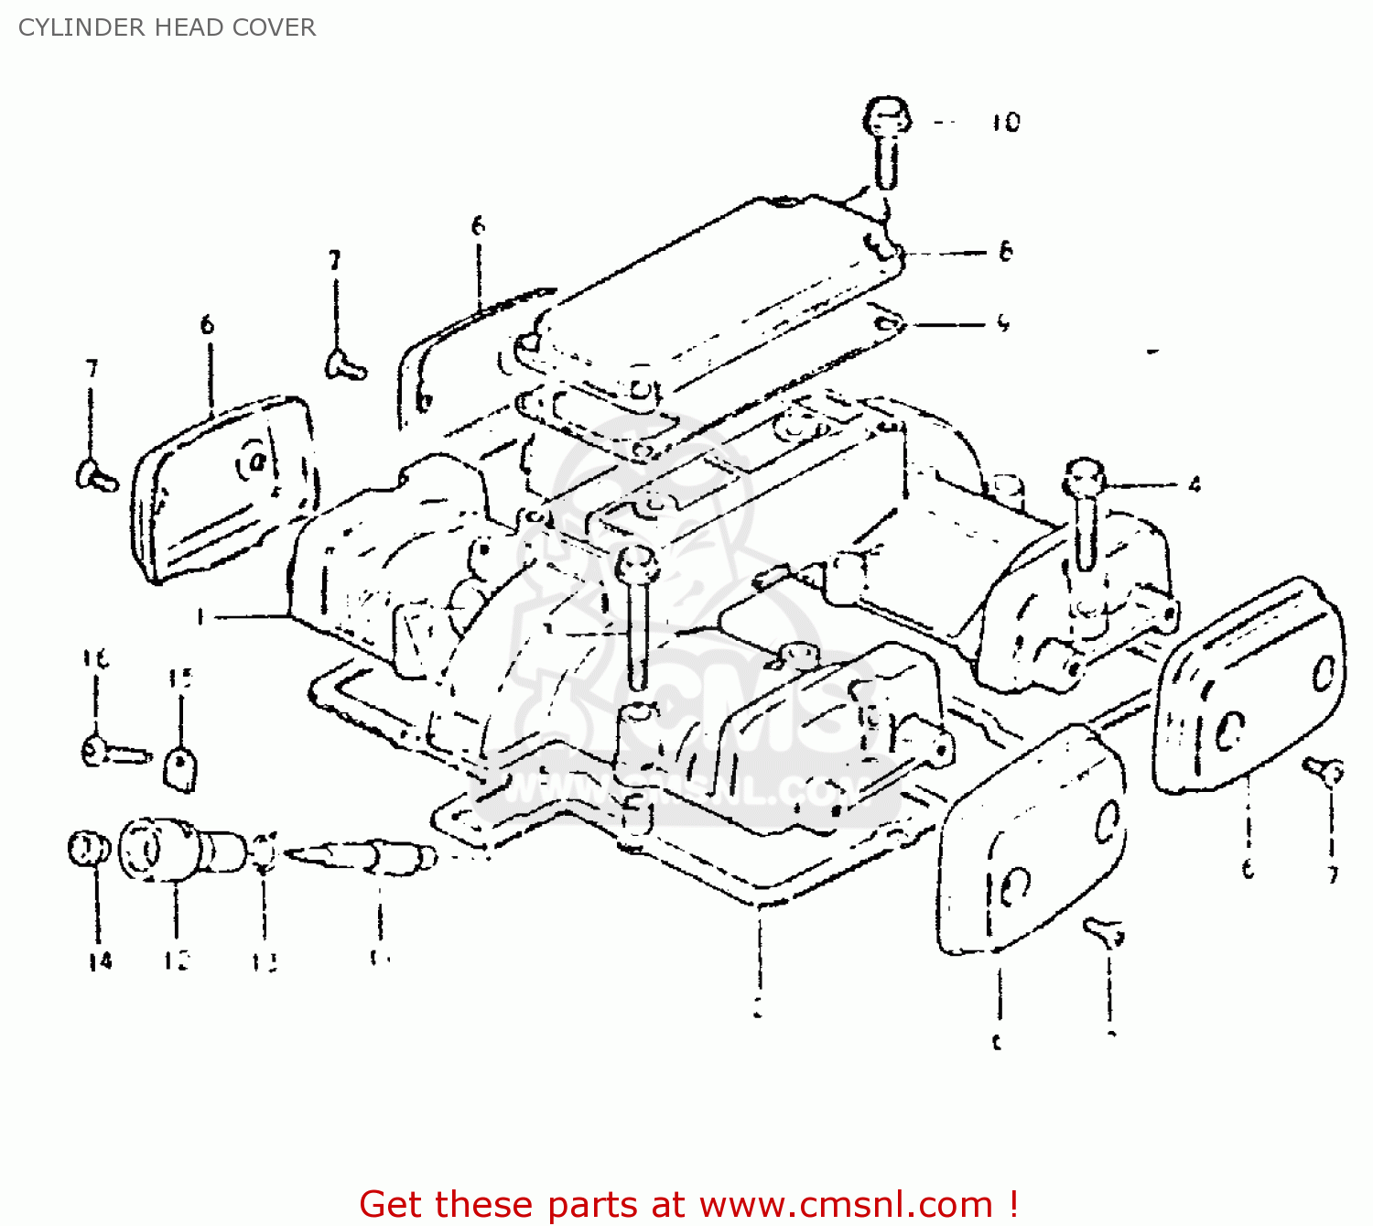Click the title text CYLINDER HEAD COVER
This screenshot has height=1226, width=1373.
[167, 27]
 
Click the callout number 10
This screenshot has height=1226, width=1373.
[1005, 122]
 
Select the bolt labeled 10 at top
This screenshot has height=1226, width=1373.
[886, 137]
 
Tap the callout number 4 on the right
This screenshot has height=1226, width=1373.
[1194, 484]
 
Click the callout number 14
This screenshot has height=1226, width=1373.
[100, 960]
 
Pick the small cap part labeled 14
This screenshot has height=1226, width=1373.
[89, 848]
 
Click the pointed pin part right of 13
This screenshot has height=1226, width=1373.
[366, 856]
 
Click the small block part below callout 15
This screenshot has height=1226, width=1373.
[180, 768]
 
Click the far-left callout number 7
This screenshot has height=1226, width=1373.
[92, 369]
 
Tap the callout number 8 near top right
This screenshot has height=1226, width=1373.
[1005, 251]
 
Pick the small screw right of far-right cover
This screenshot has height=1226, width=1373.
[1324, 771]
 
